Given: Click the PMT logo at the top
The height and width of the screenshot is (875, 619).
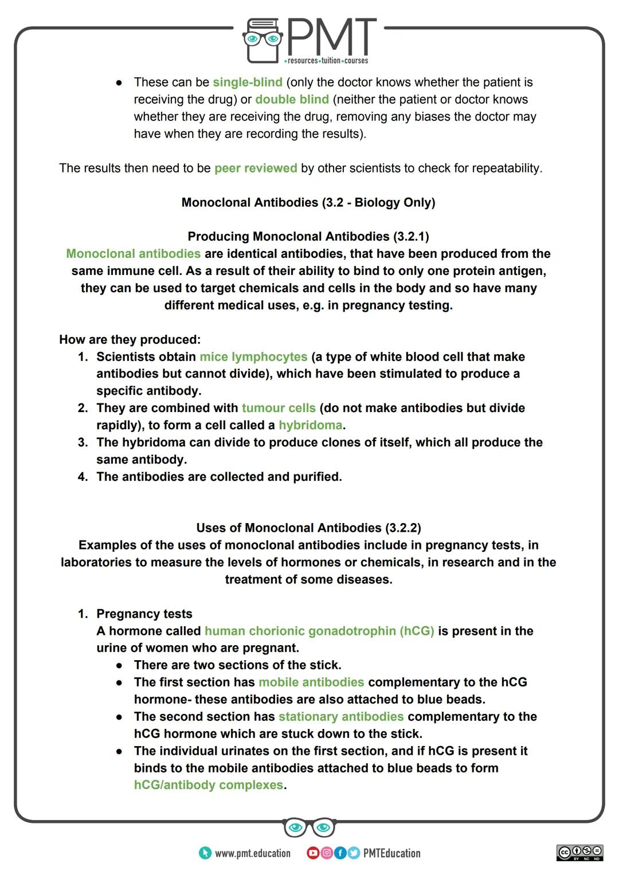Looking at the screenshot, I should [310, 40].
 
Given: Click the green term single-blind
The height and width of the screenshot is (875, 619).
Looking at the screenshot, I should [247, 82].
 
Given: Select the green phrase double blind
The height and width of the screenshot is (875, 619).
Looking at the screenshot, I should [292, 99].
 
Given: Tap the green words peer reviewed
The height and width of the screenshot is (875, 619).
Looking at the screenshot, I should [256, 168].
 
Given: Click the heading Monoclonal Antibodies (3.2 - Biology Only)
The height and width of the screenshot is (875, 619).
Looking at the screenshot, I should [308, 202].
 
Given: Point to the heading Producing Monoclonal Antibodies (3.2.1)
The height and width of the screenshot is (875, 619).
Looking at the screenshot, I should [308, 236].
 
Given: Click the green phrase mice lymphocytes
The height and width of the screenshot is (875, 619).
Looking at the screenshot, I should [253, 356].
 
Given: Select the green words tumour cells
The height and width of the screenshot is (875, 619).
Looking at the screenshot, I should [279, 408].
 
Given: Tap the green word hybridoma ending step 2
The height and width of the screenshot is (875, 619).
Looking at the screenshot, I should [310, 425].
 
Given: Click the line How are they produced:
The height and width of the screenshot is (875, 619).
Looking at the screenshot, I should [130, 339].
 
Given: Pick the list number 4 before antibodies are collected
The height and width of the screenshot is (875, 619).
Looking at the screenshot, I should [83, 477].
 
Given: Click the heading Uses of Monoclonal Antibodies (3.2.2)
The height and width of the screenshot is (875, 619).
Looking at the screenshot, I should [308, 528].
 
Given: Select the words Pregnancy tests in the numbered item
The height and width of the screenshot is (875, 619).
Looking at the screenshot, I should [144, 614].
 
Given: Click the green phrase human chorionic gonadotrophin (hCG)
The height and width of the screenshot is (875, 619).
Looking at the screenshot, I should [319, 631].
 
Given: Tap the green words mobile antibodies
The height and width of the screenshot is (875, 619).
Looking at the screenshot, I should [311, 682].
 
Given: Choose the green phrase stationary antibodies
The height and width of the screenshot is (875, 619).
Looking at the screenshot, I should [341, 716].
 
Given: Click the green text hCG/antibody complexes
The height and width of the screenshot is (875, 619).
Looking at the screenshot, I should [209, 785].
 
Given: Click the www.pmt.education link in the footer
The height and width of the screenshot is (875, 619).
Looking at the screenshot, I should [252, 853].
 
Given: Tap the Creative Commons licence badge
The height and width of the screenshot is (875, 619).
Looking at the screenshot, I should [579, 852].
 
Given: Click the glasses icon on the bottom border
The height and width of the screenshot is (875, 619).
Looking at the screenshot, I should [309, 827].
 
